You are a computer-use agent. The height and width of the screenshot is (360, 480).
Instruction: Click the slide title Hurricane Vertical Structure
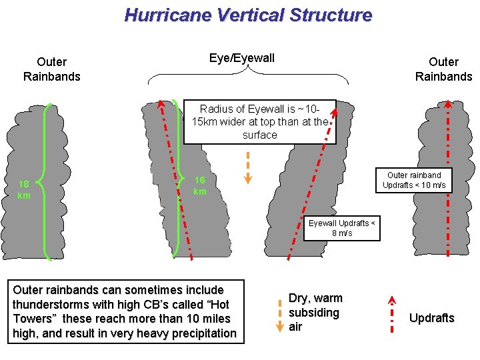click(x=248, y=15)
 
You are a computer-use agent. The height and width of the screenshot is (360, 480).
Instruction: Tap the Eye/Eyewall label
click(x=241, y=58)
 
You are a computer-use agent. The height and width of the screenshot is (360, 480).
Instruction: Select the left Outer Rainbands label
click(x=51, y=69)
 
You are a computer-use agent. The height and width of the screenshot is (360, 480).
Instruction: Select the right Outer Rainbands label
click(x=443, y=69)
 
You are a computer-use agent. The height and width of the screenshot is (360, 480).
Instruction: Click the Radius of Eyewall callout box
click(x=259, y=121)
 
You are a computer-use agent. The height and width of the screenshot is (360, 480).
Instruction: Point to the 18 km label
click(x=23, y=189)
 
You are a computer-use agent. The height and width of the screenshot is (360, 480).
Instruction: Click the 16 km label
click(x=199, y=186)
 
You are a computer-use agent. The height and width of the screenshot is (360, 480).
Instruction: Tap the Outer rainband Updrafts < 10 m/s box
click(x=414, y=180)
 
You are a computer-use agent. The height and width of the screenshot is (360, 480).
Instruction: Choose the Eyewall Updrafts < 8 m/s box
click(x=342, y=228)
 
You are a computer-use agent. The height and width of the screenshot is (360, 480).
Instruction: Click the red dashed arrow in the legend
click(x=392, y=313)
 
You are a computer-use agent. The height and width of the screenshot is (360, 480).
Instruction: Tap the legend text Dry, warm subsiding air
click(x=315, y=312)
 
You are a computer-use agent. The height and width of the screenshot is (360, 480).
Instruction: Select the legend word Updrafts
click(x=431, y=318)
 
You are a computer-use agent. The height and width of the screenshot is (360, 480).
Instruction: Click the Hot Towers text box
click(x=125, y=311)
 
